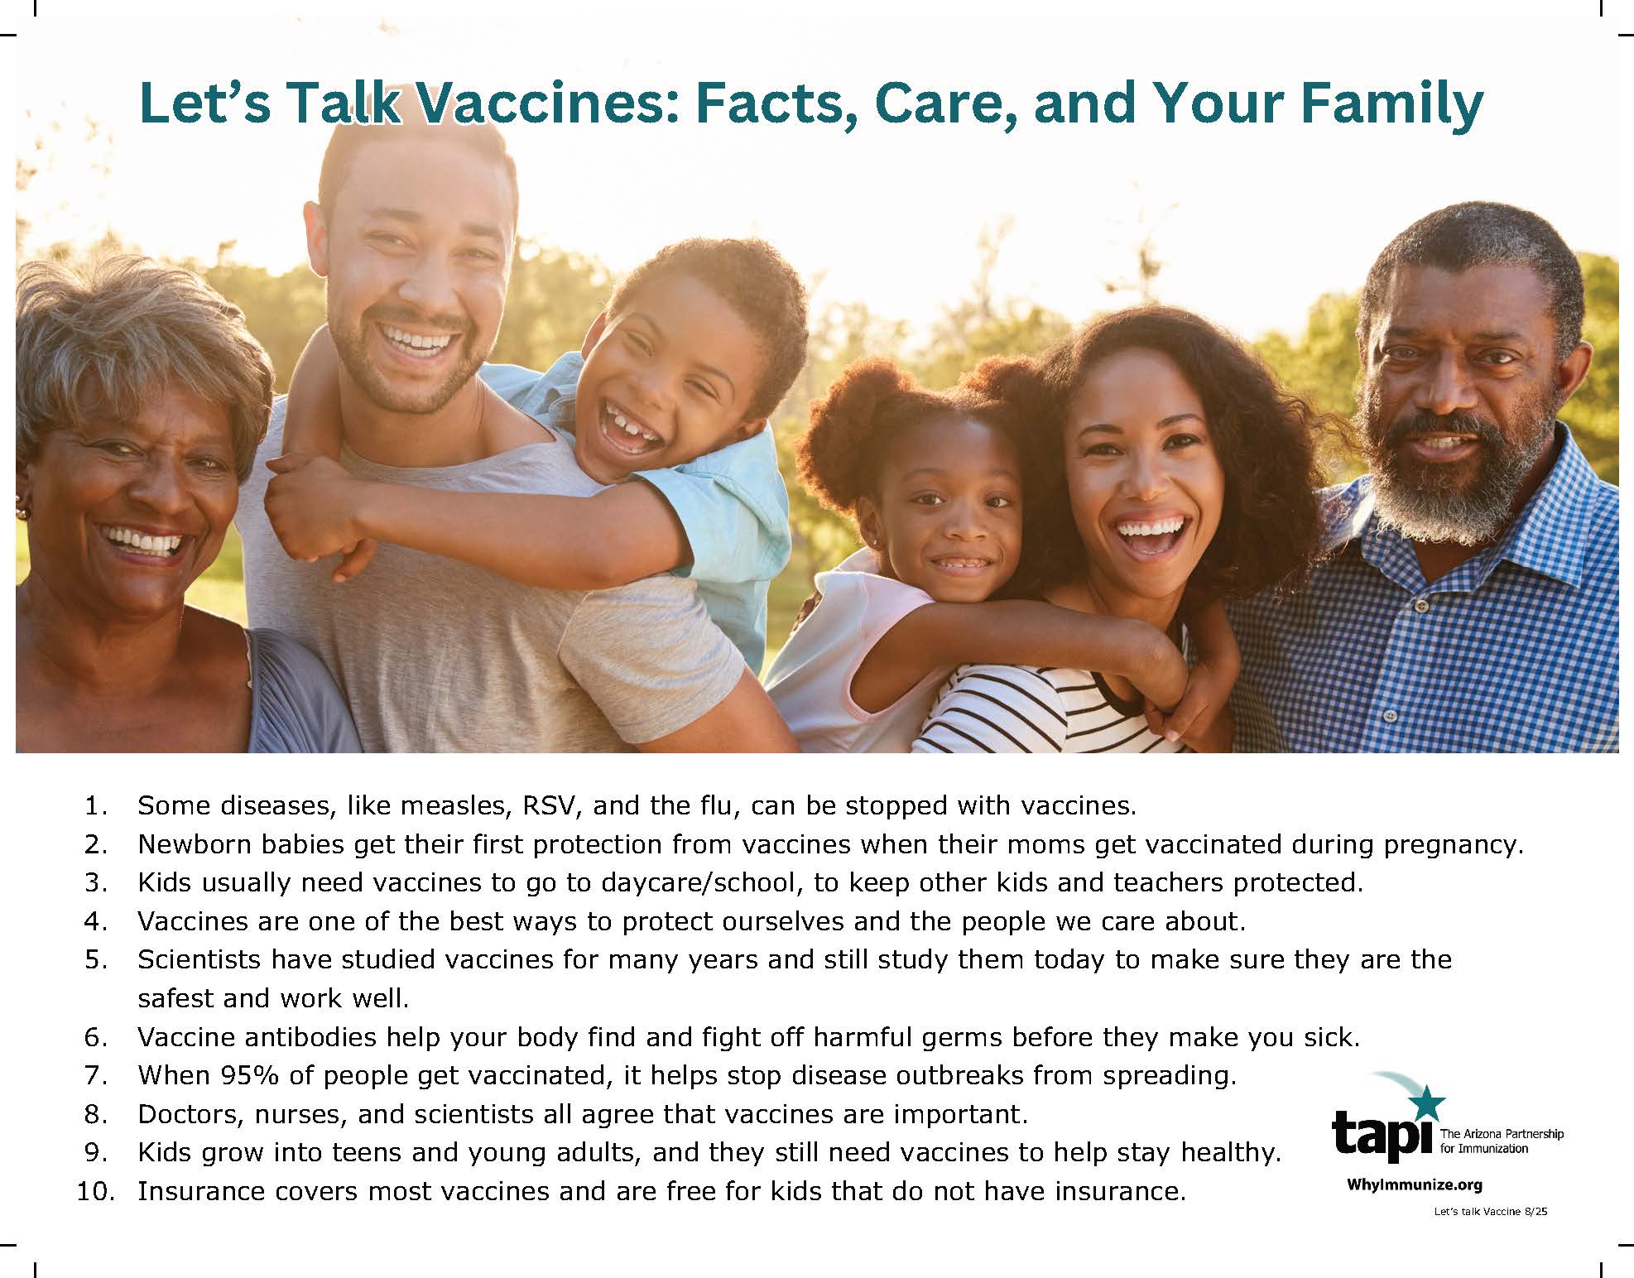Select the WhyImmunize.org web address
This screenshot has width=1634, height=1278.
coord(1415,1184)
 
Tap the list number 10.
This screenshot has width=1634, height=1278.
coord(95,1191)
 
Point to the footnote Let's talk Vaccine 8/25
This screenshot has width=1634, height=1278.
coord(1491,1212)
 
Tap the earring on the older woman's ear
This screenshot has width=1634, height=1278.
coord(22,512)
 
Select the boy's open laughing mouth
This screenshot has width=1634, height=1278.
coord(634,428)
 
